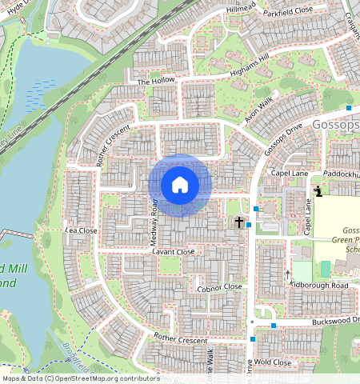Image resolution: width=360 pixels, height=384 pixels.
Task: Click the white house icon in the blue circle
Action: click(180, 186)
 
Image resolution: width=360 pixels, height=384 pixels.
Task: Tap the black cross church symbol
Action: click(238, 222)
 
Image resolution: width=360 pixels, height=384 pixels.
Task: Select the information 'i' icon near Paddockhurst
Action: click(318, 190)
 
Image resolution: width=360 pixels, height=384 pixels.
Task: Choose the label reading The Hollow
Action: click(155, 82)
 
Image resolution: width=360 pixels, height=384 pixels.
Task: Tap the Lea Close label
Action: click(81, 230)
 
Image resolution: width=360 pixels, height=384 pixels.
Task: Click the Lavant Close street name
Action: click(173, 251)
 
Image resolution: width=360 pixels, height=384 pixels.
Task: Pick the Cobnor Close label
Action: click(219, 286)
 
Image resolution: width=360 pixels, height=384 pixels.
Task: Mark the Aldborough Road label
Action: click(320, 286)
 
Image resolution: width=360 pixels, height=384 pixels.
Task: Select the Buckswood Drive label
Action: click(324, 322)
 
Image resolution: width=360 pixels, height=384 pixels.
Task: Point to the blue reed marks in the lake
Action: click(41, 95)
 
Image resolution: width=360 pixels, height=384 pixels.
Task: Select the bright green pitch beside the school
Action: click(326, 270)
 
